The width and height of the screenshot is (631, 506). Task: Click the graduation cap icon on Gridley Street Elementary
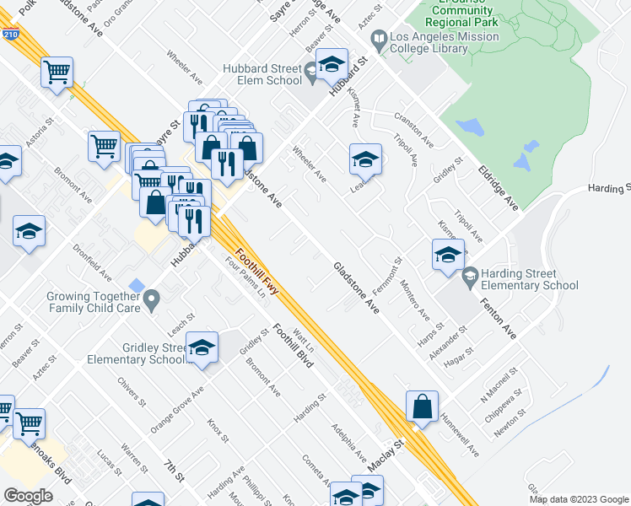coord(202,347)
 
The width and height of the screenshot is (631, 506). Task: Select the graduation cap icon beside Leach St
coord(365,159)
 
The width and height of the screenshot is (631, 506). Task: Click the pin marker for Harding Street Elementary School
coord(470,274)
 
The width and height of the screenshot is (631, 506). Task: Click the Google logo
coord(29,496)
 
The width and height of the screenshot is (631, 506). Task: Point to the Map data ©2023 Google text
coord(579,499)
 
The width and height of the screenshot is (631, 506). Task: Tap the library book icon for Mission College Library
coord(380,39)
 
